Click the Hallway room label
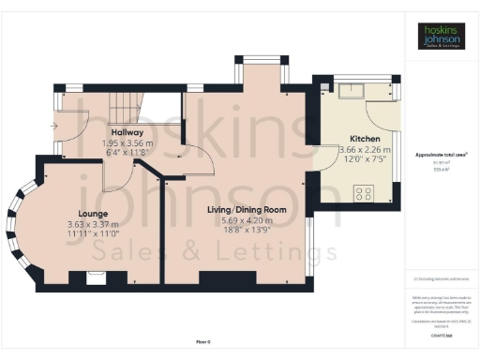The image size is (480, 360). (125, 132)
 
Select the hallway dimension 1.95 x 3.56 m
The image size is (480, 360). (125, 143)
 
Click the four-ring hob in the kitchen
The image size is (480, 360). (363, 195)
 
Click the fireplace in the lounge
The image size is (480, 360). (94, 276)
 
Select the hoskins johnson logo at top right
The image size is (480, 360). (441, 37)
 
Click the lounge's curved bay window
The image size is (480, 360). (16, 222)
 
